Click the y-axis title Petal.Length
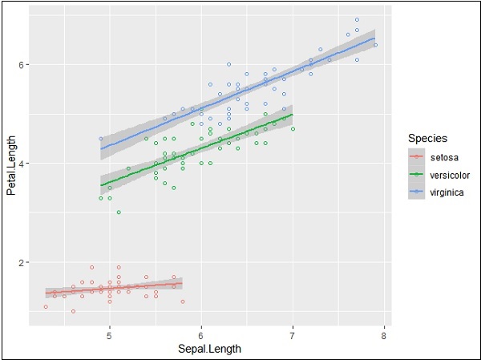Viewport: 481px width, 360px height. (x=12, y=170)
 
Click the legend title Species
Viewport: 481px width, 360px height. (x=426, y=138)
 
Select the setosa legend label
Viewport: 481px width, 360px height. (x=445, y=158)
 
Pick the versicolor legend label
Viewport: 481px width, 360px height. (x=451, y=176)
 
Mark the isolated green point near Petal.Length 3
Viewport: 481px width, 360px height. (x=119, y=212)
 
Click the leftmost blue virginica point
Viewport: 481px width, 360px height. (x=100, y=139)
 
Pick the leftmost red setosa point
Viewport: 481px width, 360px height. (x=46, y=306)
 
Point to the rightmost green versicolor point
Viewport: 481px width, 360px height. (x=293, y=128)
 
